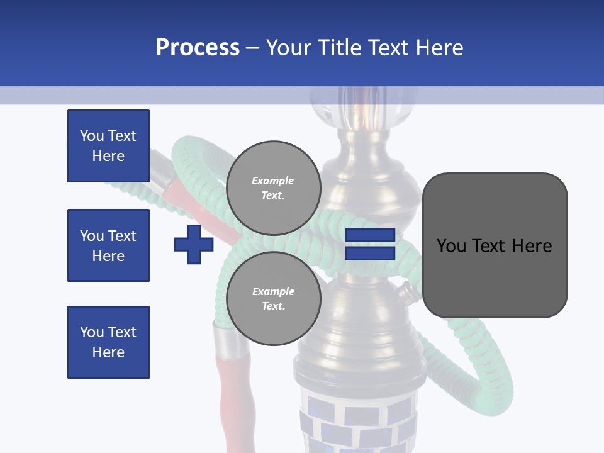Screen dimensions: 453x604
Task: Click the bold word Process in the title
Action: click(x=198, y=48)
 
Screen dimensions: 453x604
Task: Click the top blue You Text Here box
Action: click(x=108, y=146)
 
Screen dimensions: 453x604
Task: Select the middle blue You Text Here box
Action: click(x=108, y=245)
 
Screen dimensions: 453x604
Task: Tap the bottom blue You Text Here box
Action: click(x=108, y=342)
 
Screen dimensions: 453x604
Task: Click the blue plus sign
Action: click(x=193, y=244)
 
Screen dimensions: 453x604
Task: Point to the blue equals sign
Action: click(x=370, y=244)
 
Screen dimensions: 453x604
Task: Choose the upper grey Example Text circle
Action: click(x=273, y=188)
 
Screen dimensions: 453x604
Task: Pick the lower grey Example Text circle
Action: click(x=273, y=299)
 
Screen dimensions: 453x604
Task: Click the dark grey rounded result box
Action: click(x=495, y=245)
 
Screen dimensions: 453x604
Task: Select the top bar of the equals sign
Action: click(x=370, y=235)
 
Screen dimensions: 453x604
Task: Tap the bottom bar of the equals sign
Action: click(x=370, y=254)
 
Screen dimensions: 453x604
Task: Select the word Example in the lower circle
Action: click(x=273, y=291)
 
